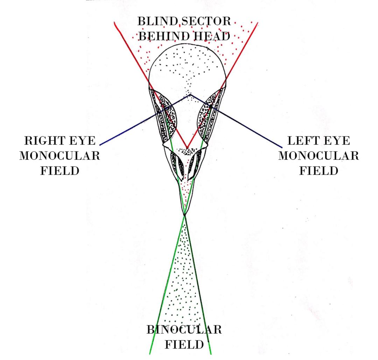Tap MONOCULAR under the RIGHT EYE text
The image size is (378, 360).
coord(59,156)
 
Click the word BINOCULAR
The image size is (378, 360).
coord(184,330)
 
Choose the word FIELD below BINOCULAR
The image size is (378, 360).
coord(184,345)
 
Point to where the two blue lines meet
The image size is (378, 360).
coord(190,94)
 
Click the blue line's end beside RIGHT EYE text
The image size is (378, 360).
coord(100,145)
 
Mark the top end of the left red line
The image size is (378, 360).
coord(114,22)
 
